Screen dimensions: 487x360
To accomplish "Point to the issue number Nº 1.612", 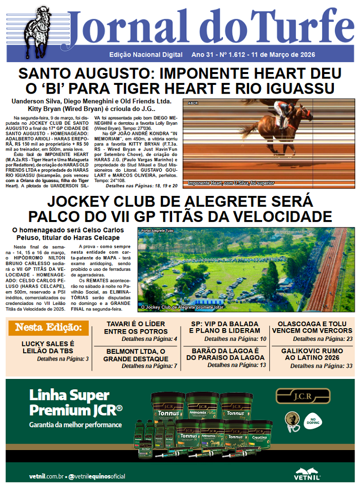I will [x=231, y=55].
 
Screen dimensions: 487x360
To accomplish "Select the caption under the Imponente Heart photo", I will [x=231, y=183].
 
